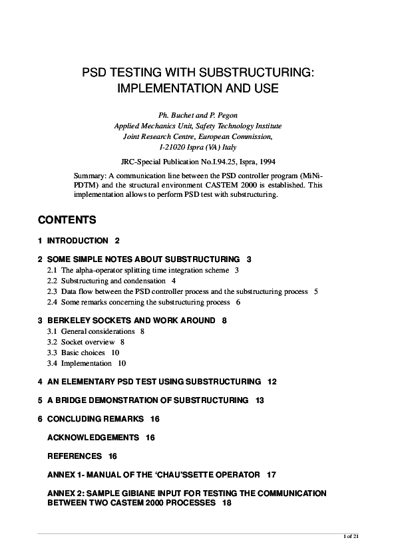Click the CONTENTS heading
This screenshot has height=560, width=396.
click(67, 220)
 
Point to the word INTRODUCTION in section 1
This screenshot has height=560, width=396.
click(77, 240)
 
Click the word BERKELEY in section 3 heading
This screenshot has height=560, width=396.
click(68, 321)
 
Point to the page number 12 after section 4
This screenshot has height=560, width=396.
click(272, 382)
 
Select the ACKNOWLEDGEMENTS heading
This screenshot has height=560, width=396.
click(93, 438)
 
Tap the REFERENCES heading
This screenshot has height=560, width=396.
click(74, 456)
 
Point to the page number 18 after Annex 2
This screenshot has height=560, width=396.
click(227, 503)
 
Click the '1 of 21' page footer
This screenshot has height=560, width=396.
click(349, 536)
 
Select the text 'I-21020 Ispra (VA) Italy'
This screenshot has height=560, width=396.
click(198, 147)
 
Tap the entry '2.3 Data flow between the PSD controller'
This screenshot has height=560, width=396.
click(178, 291)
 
